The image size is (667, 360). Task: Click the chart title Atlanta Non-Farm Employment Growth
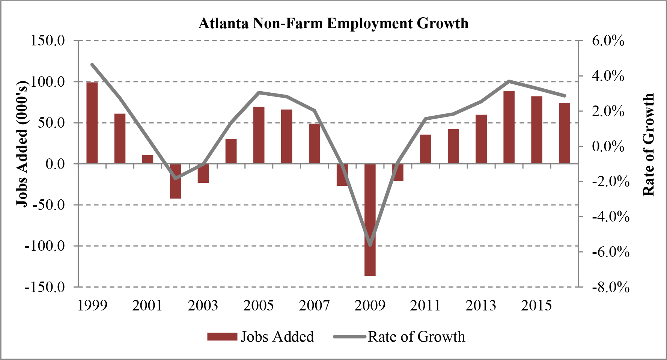pyautogui.click(x=333, y=23)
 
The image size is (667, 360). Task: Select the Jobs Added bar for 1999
pyautogui.click(x=92, y=123)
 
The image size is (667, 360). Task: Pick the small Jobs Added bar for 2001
pyautogui.click(x=148, y=159)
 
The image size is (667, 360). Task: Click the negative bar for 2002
pyautogui.click(x=175, y=181)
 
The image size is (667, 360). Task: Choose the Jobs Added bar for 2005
pyautogui.click(x=259, y=135)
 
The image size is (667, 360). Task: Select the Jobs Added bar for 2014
pyautogui.click(x=509, y=127)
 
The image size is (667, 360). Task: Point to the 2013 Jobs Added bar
pyautogui.click(x=481, y=139)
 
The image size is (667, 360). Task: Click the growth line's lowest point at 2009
pyautogui.click(x=370, y=245)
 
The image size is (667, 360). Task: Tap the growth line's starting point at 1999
pyautogui.click(x=92, y=65)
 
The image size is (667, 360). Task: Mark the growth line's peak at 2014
pyautogui.click(x=509, y=81)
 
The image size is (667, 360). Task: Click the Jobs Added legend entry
pyautogui.click(x=261, y=337)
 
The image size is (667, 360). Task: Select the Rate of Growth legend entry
pyautogui.click(x=400, y=337)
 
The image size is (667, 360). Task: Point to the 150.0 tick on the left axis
pyautogui.click(x=48, y=40)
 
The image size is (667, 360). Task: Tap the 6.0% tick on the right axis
pyautogui.click(x=608, y=41)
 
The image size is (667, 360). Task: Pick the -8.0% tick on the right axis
pyautogui.click(x=610, y=287)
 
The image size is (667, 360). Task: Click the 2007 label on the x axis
pyautogui.click(x=314, y=306)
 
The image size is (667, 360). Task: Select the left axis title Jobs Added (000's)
pyautogui.click(x=23, y=143)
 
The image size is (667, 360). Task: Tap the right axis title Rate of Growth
pyautogui.click(x=649, y=145)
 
